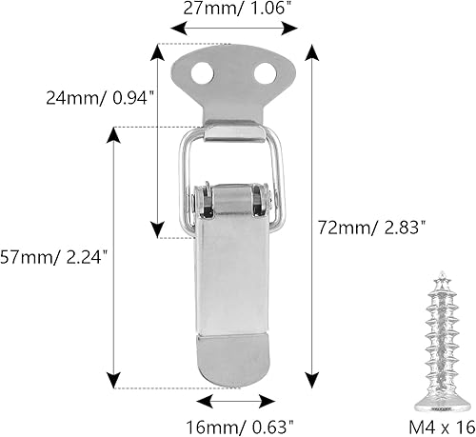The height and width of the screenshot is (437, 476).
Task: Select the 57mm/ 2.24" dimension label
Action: pos(55,256)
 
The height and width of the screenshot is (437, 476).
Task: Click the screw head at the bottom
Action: pos(440,393)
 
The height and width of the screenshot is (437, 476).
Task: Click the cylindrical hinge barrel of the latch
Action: pos(233,202)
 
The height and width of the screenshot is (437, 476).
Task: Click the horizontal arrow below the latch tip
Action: pos(233,401)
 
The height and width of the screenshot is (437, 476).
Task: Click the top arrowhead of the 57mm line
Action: pos(115,133)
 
